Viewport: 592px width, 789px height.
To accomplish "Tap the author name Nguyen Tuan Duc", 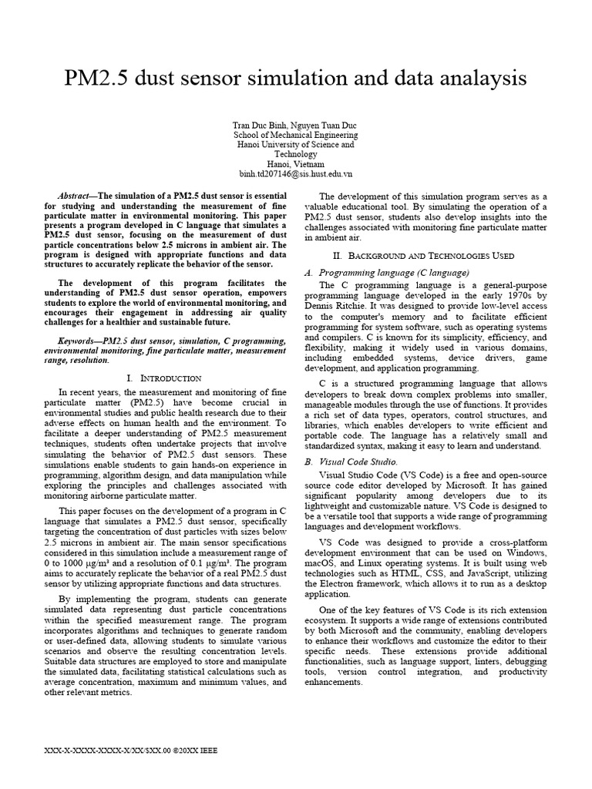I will point(326,125).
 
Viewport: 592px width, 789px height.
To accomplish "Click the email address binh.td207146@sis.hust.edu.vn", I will point(295,174).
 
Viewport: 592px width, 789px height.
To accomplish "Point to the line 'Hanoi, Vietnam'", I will point(295,164).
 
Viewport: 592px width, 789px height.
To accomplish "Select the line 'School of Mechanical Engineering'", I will point(295,135).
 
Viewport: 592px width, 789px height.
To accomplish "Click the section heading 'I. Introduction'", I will point(164,378).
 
